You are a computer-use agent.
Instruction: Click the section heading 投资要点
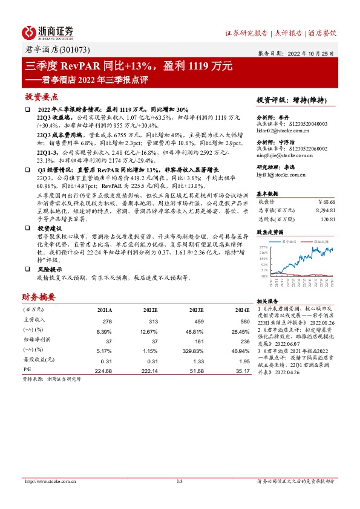click(41, 97)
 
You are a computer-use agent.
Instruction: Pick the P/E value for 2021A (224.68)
click(104, 369)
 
